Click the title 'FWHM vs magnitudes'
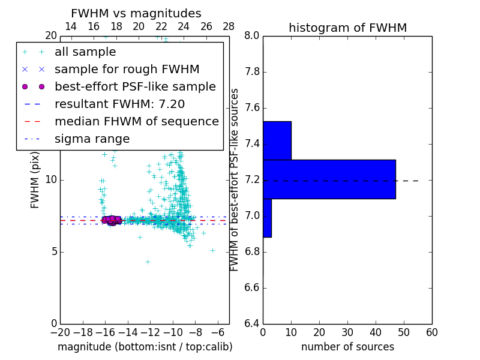pyautogui.click(x=136, y=14)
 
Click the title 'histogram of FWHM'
pyautogui.click(x=347, y=28)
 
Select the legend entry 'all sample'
pyautogui.click(x=85, y=52)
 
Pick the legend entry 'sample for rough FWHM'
pyautogui.click(x=127, y=70)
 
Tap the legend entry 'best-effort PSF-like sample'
pyautogui.click(x=135, y=87)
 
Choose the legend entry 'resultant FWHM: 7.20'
pyautogui.click(x=119, y=104)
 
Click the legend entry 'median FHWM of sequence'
pyautogui.click(x=136, y=122)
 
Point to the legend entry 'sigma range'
pyautogui.click(x=92, y=139)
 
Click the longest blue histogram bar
pyautogui.click(x=329, y=179)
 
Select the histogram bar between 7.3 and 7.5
pyautogui.click(x=277, y=140)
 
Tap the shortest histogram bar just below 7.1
pyautogui.click(x=267, y=218)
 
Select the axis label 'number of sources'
pyautogui.click(x=347, y=347)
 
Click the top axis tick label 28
pyautogui.click(x=229, y=26)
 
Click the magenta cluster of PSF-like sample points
pyautogui.click(x=111, y=220)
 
